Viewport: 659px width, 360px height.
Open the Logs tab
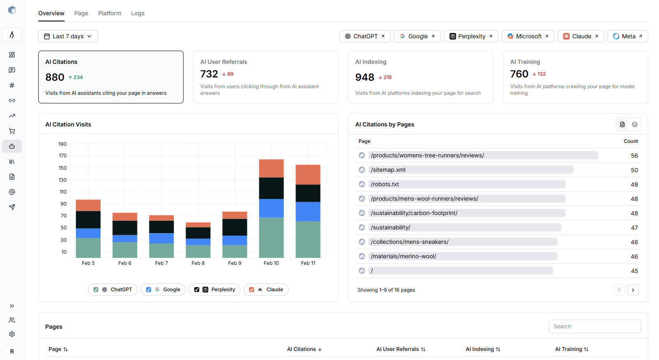click(x=137, y=13)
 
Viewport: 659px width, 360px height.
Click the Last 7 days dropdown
click(x=68, y=36)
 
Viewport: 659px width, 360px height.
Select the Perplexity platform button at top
click(x=471, y=36)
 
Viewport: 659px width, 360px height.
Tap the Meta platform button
click(x=627, y=36)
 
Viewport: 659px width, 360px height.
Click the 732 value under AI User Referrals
click(x=209, y=74)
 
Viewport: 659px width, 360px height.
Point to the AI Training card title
click(x=525, y=62)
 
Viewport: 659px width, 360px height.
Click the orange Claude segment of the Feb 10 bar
click(x=271, y=168)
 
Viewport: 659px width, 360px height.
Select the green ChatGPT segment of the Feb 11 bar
click(x=308, y=239)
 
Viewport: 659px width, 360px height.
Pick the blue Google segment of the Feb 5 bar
click(x=88, y=233)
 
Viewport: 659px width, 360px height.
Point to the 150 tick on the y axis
click(x=63, y=168)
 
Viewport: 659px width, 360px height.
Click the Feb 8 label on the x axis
click(x=198, y=263)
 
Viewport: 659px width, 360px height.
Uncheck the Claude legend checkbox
click(x=251, y=290)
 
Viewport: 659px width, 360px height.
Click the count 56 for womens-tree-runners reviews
click(x=634, y=156)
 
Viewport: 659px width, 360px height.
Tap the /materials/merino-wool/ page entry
click(x=403, y=256)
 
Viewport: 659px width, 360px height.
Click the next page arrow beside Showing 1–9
click(x=633, y=290)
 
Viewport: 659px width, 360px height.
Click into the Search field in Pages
click(x=594, y=326)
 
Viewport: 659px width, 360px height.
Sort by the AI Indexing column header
click(x=483, y=349)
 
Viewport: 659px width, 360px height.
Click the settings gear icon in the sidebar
click(x=12, y=334)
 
